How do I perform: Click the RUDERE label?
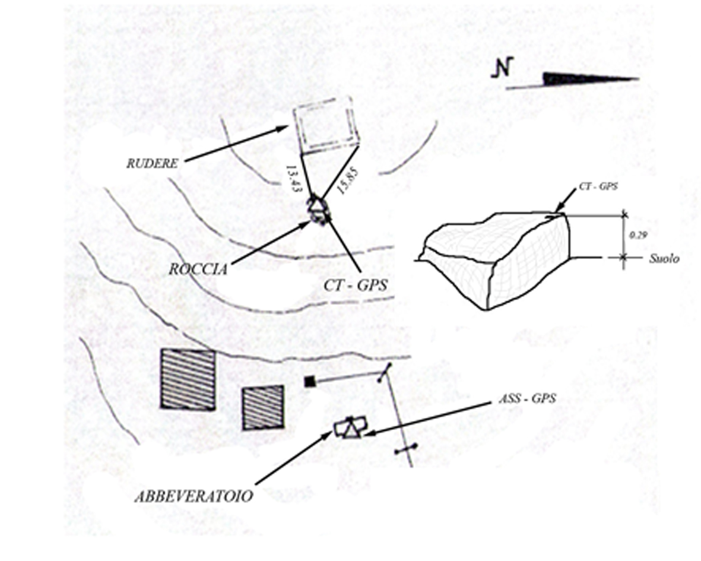152,164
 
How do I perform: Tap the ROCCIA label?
198,269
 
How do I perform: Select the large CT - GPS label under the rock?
356,285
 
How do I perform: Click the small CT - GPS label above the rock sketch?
598,186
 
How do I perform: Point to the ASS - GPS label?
528,398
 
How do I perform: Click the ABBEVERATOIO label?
194,496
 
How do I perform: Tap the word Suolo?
664,258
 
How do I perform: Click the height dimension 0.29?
637,234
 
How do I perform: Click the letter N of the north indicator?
502,68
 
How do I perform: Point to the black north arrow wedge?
589,79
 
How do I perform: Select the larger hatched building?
188,379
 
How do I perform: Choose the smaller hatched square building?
263,408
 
